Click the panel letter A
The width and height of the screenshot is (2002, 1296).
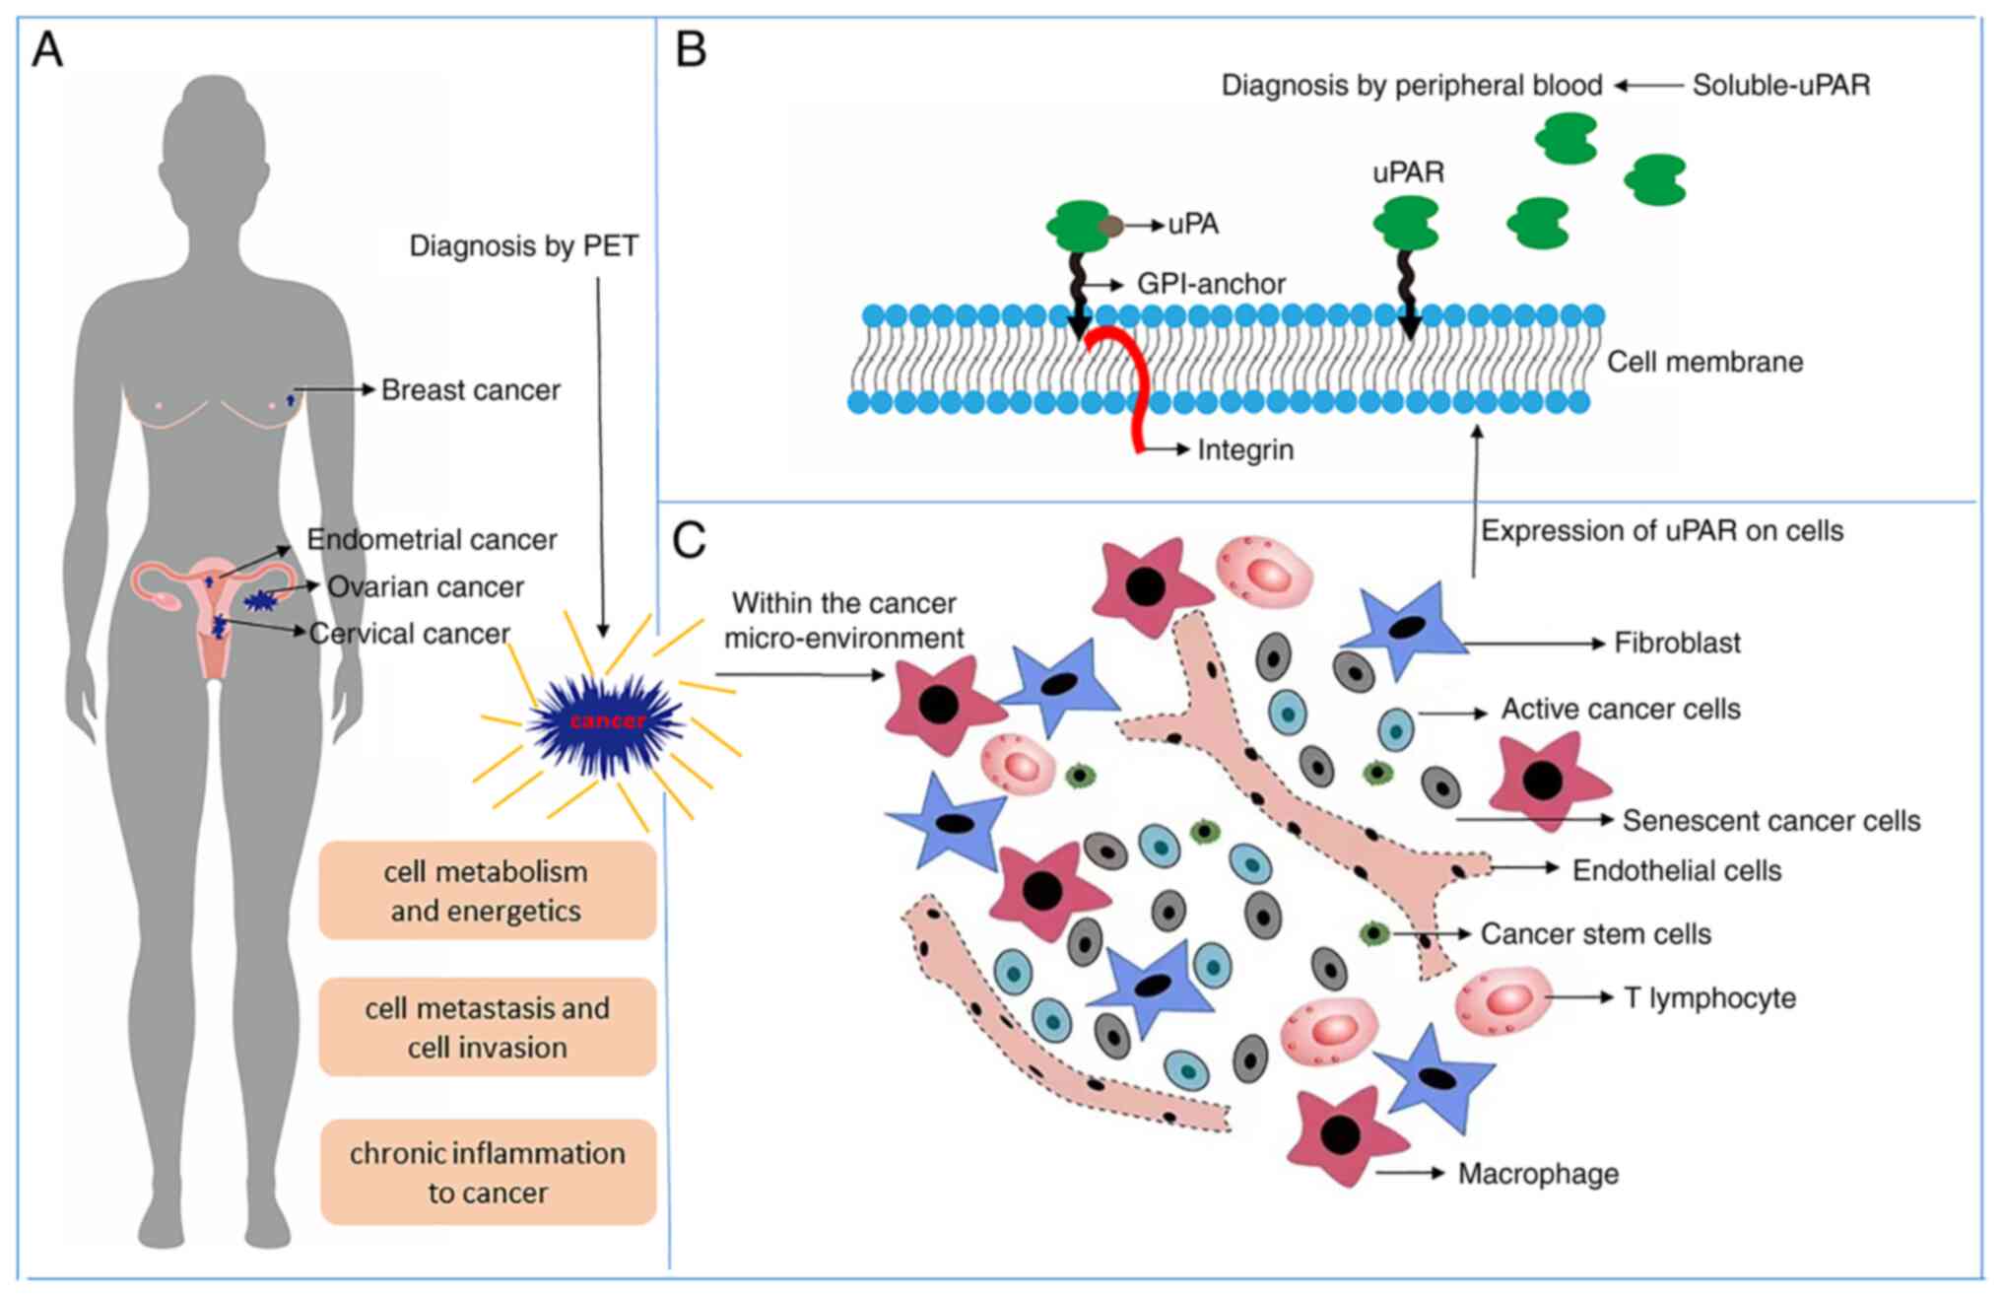click(47, 49)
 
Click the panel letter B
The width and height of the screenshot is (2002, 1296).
click(692, 49)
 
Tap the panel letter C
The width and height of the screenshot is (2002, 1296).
click(689, 540)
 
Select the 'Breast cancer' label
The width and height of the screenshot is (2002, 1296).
click(470, 390)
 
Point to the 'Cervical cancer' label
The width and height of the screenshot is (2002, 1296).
click(409, 634)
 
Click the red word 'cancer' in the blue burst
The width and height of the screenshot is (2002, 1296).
click(608, 721)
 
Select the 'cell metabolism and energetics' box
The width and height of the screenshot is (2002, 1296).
click(487, 891)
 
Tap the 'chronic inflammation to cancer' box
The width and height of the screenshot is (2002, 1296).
click(488, 1173)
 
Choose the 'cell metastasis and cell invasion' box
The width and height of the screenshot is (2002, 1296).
click(487, 1028)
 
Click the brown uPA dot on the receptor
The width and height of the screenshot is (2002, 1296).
click(1111, 227)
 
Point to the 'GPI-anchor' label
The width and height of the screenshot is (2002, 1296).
click(1211, 285)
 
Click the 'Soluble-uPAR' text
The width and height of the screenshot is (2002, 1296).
click(1780, 86)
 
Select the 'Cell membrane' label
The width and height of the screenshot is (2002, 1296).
click(1704, 363)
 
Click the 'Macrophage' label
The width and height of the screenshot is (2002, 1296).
click(1538, 1174)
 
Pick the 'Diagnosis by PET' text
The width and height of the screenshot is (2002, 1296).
click(523, 246)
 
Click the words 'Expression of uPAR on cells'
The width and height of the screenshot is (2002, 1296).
click(1662, 531)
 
